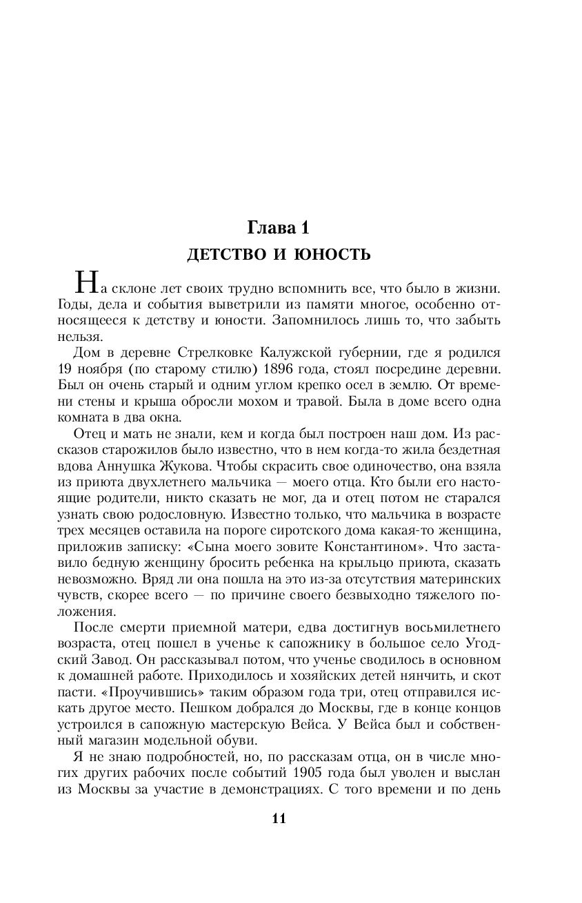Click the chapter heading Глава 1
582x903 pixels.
pos(279,227)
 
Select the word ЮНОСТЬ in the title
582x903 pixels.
pos(332,255)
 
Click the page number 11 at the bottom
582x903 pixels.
pos(279,818)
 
